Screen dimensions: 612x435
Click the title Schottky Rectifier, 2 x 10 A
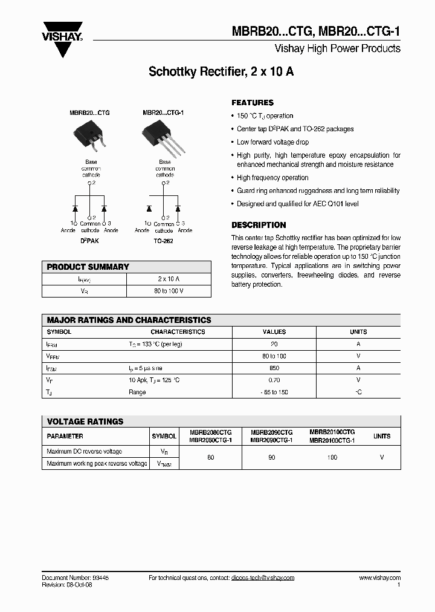coord(221,71)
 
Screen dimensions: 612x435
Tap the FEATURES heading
coord(253,103)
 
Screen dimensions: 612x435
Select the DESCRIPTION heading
coord(259,225)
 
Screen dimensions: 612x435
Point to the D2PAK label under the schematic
coord(89,241)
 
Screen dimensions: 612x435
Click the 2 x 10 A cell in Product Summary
coord(169,279)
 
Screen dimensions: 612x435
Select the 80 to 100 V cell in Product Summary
coord(169,291)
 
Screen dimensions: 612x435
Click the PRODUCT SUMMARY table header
coord(88,267)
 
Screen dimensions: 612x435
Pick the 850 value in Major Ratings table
coord(274,368)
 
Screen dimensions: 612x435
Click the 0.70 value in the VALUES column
coord(274,380)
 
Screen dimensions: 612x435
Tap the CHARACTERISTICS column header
coord(178,331)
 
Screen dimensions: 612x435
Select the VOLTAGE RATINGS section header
coord(85,422)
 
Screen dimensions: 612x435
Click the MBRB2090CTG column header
coord(271,433)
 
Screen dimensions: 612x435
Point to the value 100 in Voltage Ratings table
coord(332,458)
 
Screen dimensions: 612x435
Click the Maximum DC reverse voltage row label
coord(84,452)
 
